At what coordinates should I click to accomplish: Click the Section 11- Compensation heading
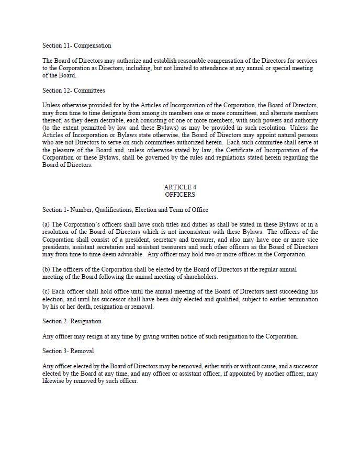tap(76, 46)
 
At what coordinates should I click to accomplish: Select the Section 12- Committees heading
tap(73, 91)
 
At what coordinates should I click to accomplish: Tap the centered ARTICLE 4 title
tap(180, 187)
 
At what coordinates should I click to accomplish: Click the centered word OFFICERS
tap(180, 195)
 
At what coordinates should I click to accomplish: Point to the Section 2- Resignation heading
tap(72, 321)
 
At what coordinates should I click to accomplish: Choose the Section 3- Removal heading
tap(68, 351)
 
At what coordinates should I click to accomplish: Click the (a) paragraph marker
tap(46, 224)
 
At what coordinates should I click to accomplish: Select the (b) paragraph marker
tap(46, 269)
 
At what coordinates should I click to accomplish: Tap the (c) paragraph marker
tap(46, 291)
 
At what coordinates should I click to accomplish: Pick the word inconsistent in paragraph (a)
tap(211, 232)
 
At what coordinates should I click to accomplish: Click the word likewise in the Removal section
tap(53, 381)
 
